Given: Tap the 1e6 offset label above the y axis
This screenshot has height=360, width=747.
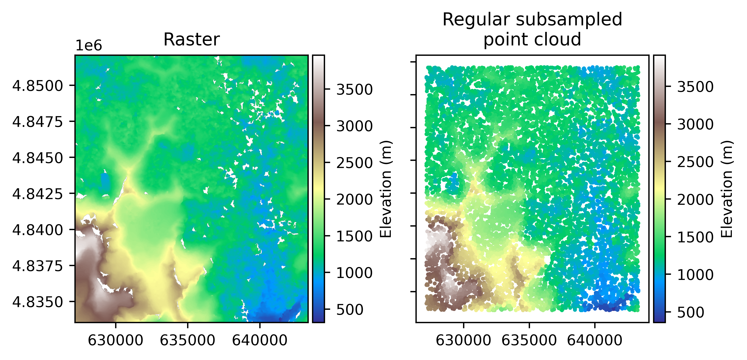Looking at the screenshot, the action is pyautogui.click(x=89, y=46).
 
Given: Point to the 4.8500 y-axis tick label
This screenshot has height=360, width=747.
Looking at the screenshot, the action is pyautogui.click(x=37, y=86).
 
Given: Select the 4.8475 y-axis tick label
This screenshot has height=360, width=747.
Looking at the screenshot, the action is pyautogui.click(x=37, y=122).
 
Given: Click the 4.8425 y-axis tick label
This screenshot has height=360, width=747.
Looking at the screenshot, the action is pyautogui.click(x=37, y=194).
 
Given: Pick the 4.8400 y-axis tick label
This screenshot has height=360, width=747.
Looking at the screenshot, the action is pyautogui.click(x=37, y=230).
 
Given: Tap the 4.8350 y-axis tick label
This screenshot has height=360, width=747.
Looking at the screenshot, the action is pyautogui.click(x=37, y=302).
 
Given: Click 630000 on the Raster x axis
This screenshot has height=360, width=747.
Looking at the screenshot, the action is pyautogui.click(x=115, y=341).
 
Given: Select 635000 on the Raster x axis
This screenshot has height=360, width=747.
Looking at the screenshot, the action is pyautogui.click(x=188, y=341).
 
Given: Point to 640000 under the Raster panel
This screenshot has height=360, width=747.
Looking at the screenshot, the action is pyautogui.click(x=260, y=341).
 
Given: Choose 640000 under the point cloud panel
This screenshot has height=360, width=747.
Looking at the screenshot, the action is pyautogui.click(x=595, y=341).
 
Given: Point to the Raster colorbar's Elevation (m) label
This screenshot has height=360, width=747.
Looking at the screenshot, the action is pyautogui.click(x=386, y=189).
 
